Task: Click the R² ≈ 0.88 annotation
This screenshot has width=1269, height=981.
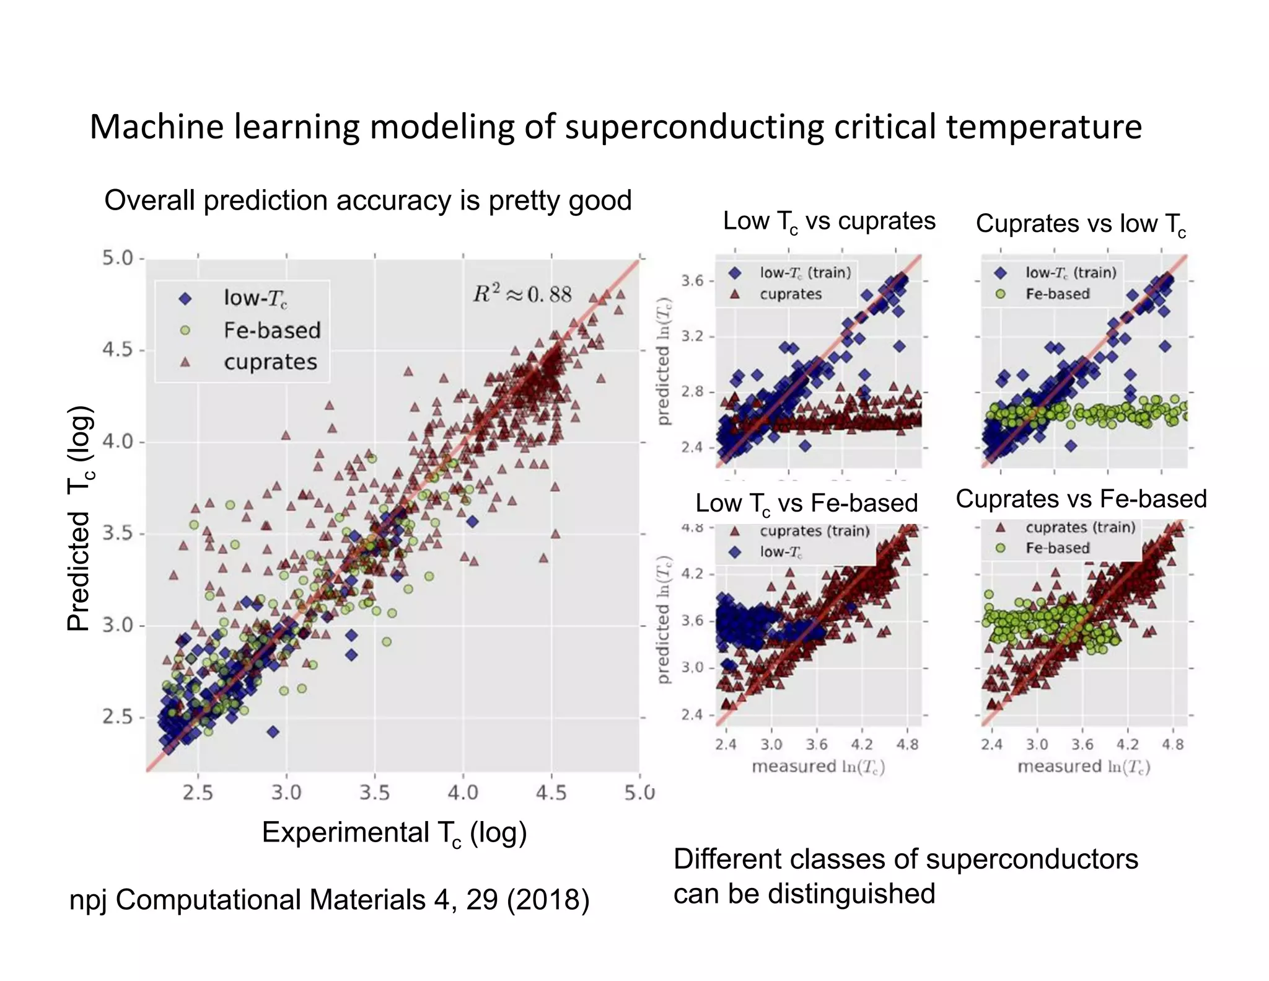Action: click(522, 294)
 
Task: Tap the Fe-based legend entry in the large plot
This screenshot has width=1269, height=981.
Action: click(272, 331)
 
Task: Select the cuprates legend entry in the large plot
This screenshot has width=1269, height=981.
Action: click(270, 362)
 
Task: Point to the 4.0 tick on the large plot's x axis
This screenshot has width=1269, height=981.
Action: click(463, 792)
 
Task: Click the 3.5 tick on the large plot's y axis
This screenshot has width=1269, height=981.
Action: click(118, 534)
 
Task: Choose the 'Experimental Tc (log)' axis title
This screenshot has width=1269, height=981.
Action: click(394, 833)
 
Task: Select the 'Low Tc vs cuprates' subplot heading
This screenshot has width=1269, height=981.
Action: click(829, 222)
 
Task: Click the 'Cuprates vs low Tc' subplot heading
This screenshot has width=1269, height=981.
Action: click(1081, 224)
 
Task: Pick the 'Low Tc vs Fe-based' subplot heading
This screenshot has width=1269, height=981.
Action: click(806, 504)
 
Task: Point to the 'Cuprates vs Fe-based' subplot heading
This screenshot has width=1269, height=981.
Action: click(1081, 499)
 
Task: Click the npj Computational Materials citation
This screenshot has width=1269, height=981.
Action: click(329, 900)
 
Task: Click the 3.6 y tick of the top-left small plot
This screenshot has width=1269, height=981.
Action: click(693, 281)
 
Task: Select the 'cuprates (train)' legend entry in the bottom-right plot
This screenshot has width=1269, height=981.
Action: click(1080, 528)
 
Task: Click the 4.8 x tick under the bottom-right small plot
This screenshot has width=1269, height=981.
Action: click(1173, 744)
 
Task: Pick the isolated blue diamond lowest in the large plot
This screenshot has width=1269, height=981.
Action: click(273, 732)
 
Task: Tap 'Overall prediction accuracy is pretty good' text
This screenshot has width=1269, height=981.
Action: click(367, 201)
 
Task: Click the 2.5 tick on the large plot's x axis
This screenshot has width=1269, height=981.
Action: click(198, 792)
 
